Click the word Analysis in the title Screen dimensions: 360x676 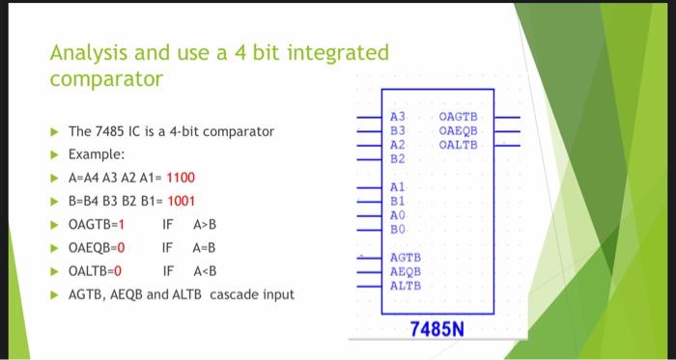pyautogui.click(x=85, y=51)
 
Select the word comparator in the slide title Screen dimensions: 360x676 pyautogui.click(x=106, y=78)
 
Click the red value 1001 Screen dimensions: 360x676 pyautogui.click(x=182, y=201)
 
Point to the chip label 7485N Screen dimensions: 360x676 pyautogui.click(x=437, y=330)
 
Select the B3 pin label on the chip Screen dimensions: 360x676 pyautogui.click(x=396, y=131)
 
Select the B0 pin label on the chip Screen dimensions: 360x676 pyautogui.click(x=396, y=227)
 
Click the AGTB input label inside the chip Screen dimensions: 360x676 pyautogui.click(x=405, y=259)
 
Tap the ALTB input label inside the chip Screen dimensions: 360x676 pyautogui.click(x=405, y=285)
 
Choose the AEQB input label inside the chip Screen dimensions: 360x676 pyautogui.click(x=405, y=272)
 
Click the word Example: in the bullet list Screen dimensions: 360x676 pyautogui.click(x=96, y=154)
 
